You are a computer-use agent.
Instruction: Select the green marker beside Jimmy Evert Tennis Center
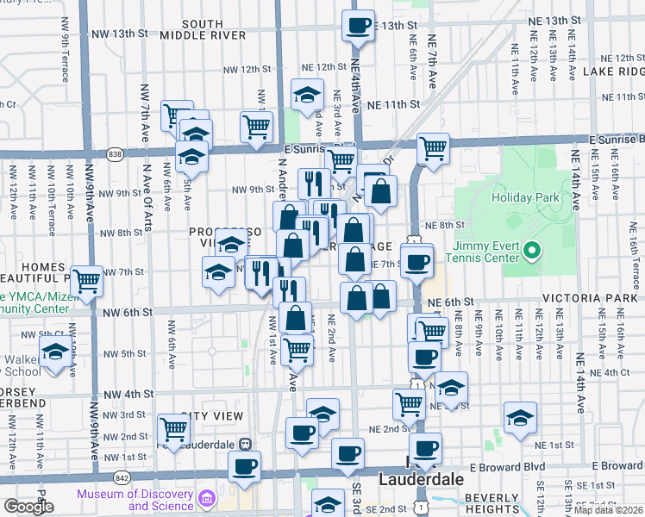tap(533, 252)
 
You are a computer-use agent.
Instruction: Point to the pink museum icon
tap(206, 499)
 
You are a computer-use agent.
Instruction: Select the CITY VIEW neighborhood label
tap(212, 415)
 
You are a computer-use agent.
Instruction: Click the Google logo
tap(28, 506)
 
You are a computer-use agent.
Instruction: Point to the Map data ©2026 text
tap(608, 510)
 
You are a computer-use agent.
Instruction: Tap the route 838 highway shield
tap(116, 153)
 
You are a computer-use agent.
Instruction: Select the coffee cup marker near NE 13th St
tap(358, 25)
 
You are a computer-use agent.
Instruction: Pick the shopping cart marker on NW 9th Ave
tap(86, 281)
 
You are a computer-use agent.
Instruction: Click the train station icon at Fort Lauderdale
tap(245, 443)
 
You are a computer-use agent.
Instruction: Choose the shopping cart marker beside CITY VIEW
tap(174, 428)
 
